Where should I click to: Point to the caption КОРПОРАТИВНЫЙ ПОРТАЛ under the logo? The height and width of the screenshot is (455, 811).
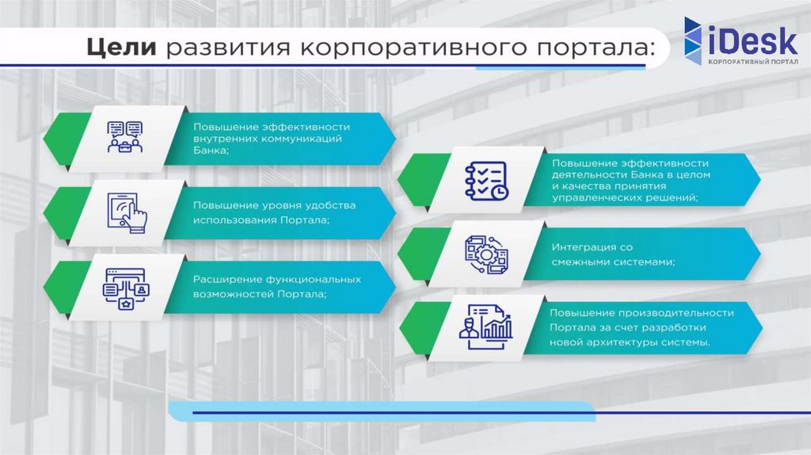click(x=752, y=61)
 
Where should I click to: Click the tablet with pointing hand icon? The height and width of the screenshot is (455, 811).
click(x=127, y=211)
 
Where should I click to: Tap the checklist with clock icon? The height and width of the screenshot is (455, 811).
click(x=485, y=182)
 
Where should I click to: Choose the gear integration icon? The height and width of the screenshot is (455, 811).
click(x=485, y=254)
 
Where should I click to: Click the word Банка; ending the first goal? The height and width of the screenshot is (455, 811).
click(x=210, y=151)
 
